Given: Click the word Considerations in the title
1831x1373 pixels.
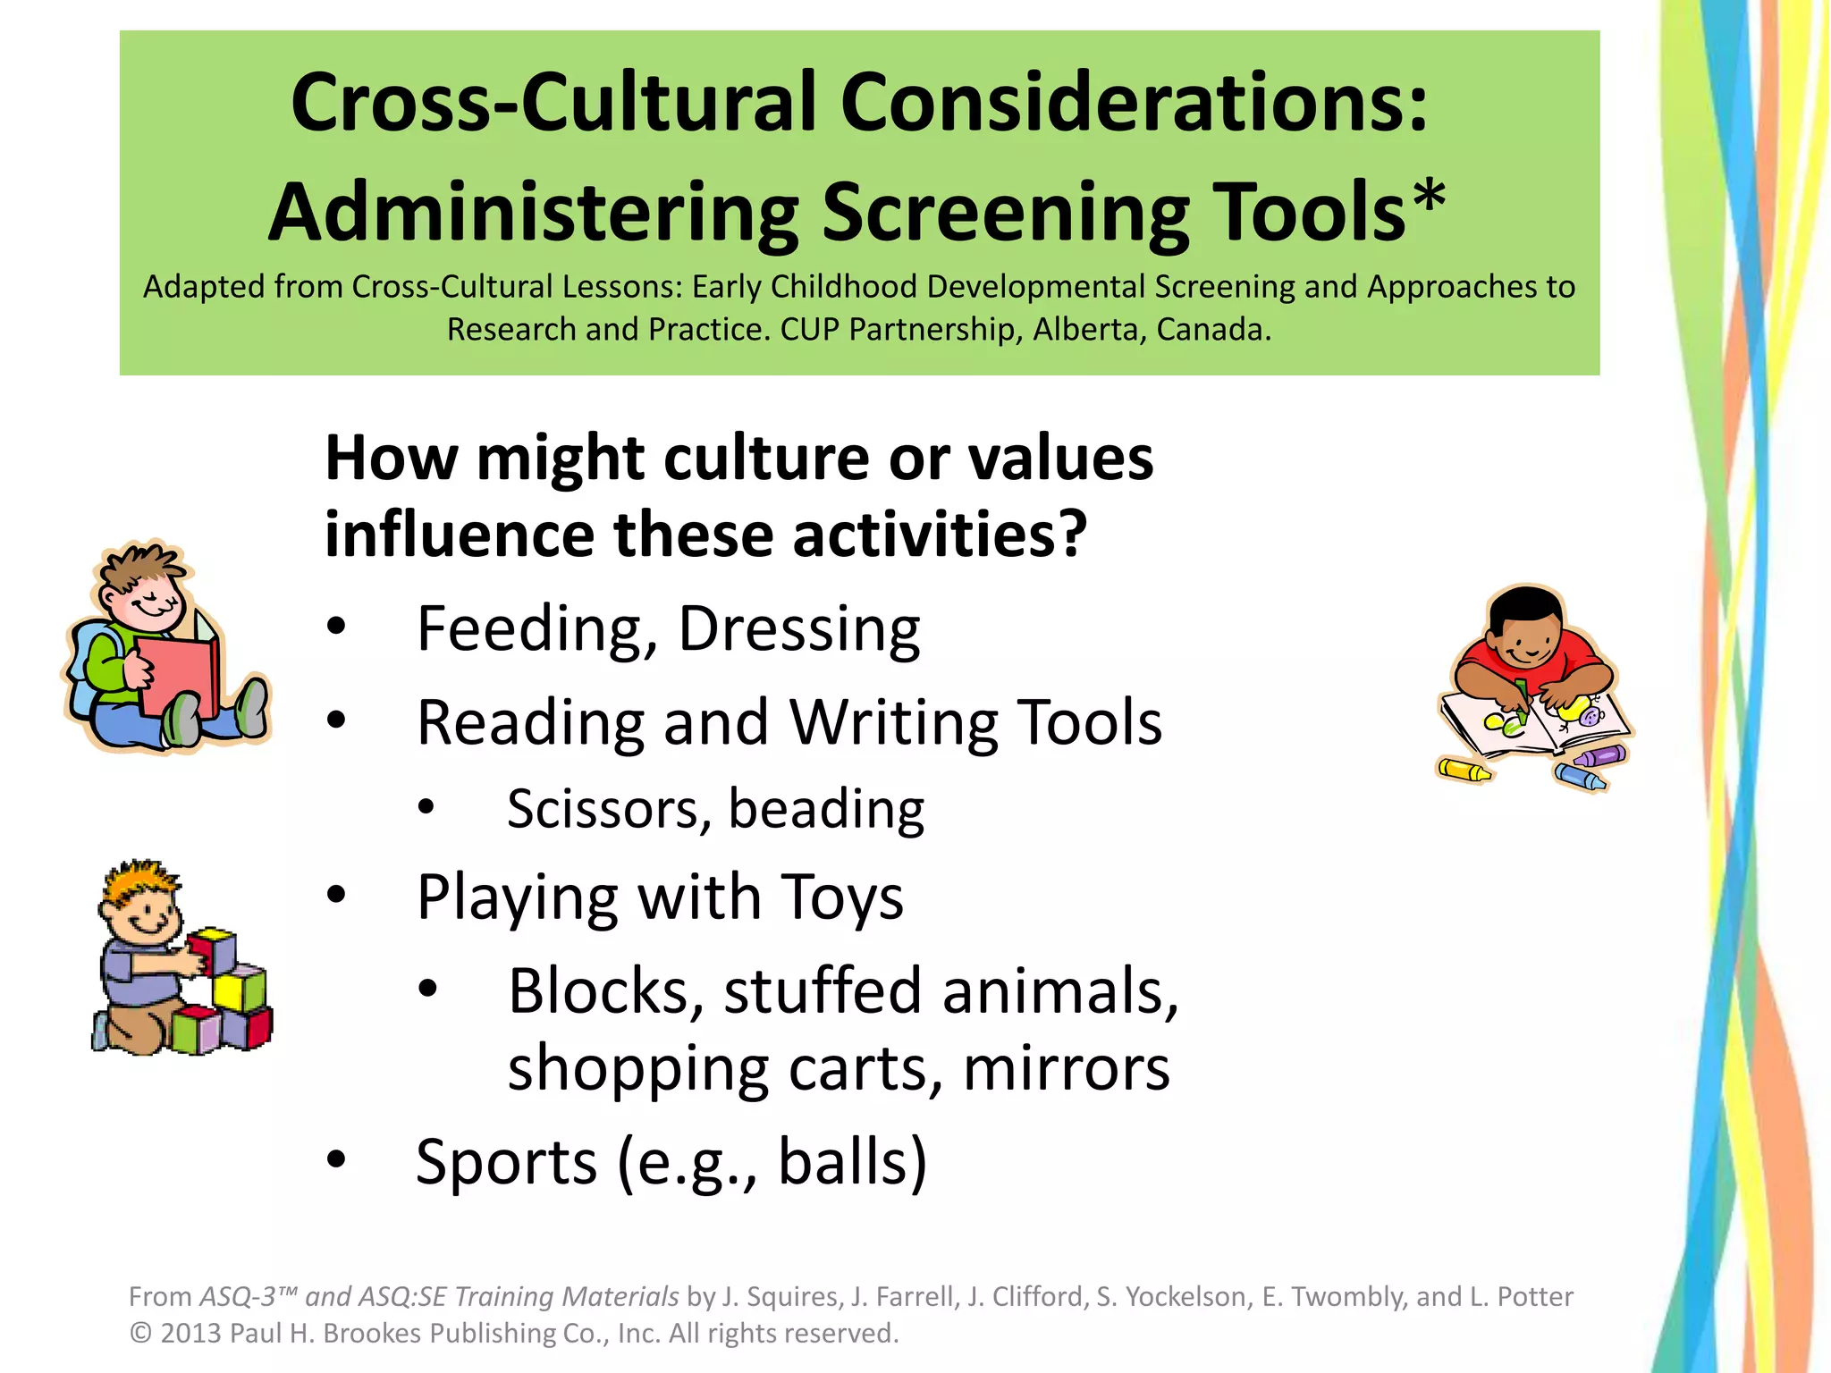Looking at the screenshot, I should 1134,104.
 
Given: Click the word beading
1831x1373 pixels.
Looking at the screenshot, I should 826,810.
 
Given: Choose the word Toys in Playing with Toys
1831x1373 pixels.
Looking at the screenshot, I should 841,897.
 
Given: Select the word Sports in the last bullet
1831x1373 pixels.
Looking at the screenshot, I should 506,1162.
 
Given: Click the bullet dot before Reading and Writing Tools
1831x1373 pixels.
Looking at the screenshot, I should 336,720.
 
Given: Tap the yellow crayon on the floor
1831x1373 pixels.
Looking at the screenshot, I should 1463,770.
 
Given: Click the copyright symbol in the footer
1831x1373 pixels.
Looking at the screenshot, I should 140,1333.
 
